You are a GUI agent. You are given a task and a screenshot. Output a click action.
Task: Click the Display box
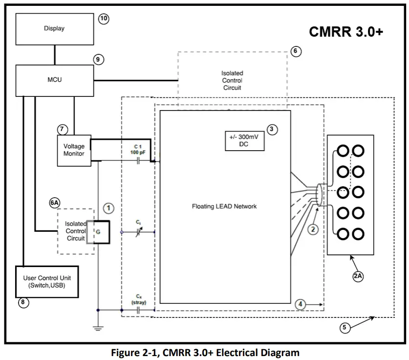point(54,28)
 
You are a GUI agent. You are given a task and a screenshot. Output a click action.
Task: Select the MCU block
point(54,80)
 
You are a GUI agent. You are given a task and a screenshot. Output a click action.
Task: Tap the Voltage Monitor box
point(74,150)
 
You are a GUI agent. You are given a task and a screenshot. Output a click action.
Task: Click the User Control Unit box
point(47,281)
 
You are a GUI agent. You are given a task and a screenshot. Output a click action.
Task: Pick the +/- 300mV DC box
point(244,141)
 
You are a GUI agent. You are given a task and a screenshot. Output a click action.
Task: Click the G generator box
point(98,232)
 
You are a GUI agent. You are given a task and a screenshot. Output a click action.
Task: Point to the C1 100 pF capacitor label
point(138,149)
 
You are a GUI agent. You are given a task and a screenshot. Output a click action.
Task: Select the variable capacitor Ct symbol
point(139,231)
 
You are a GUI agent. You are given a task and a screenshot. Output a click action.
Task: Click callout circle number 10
point(103,19)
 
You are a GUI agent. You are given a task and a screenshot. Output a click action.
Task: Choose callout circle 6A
point(55,202)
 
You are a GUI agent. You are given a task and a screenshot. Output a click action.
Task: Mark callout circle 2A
point(358,275)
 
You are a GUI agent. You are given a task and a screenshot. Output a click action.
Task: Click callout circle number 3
point(273,130)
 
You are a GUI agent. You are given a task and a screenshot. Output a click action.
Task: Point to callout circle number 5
point(345,328)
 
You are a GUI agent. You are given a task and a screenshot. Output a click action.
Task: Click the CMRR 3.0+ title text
point(346,32)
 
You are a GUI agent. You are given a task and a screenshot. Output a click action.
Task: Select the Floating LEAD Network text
point(224,206)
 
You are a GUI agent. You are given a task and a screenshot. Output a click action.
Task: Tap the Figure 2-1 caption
point(205,352)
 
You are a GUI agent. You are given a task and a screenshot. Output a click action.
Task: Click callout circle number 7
point(63,130)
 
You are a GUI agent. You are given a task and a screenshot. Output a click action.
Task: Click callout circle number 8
point(22,302)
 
